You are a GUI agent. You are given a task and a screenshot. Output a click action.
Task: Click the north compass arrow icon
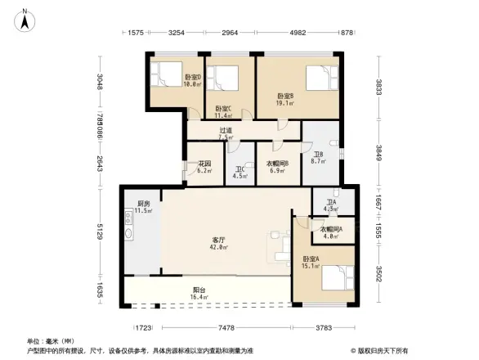(x=25, y=17)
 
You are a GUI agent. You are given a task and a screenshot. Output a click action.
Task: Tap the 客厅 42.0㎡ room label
(x=217, y=243)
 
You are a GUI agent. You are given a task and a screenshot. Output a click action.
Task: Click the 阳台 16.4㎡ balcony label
(x=199, y=292)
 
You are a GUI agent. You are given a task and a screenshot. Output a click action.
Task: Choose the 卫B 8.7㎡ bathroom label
(x=318, y=158)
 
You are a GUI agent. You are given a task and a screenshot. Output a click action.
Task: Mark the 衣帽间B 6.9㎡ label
(x=276, y=168)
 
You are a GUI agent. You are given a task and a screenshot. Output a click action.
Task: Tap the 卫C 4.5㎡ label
(x=239, y=173)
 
